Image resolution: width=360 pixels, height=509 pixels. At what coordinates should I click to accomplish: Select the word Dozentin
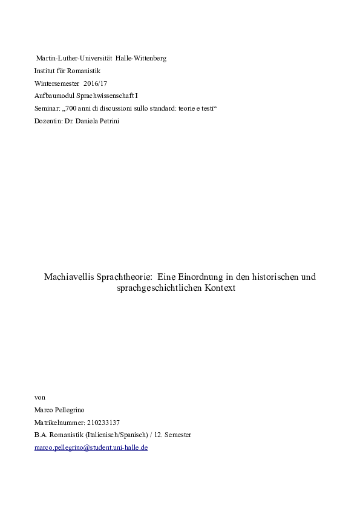tap(48, 122)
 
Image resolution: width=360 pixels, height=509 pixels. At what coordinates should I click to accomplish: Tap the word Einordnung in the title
tap(195, 277)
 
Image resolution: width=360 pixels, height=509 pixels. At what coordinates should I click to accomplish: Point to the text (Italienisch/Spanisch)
tap(114, 435)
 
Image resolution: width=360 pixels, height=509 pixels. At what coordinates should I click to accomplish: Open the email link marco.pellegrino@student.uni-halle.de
tap(91, 448)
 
